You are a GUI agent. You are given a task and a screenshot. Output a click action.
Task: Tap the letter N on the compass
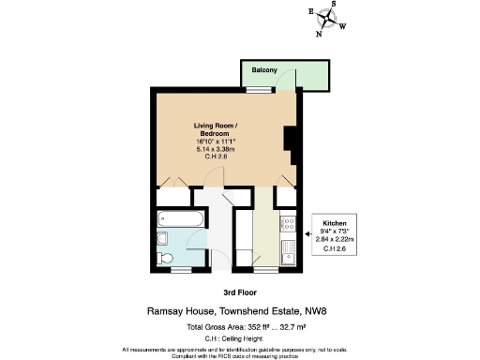pyautogui.click(x=319, y=34)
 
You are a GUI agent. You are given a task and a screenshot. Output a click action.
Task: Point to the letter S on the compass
pyautogui.click(x=332, y=4)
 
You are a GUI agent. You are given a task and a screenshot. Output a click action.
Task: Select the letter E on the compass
pyautogui.click(x=310, y=12)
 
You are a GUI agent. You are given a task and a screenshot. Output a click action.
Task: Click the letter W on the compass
pyautogui.click(x=341, y=26)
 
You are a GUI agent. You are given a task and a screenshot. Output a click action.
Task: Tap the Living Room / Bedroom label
pyautogui.click(x=216, y=129)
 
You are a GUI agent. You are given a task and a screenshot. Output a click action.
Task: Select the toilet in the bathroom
pyautogui.click(x=163, y=253)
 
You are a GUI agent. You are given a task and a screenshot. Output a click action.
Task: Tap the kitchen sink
pyautogui.click(x=291, y=251)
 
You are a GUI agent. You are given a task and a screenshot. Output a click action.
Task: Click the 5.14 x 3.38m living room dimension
pyautogui.click(x=216, y=147)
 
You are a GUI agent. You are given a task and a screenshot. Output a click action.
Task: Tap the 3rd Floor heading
pyautogui.click(x=240, y=292)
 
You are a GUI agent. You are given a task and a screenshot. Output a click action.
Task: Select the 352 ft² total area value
pyautogui.click(x=254, y=326)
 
